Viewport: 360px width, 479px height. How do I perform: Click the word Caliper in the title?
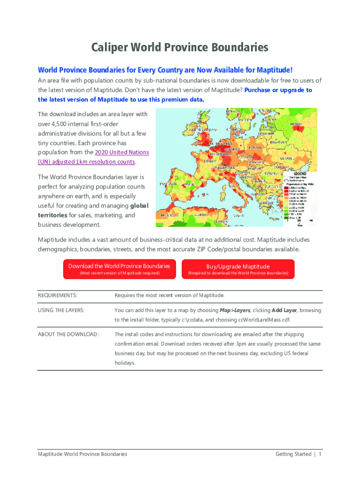110,48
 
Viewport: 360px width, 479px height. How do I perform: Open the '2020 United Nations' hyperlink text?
122,152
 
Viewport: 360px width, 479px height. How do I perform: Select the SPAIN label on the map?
187,185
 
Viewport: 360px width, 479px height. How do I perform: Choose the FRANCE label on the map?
210,161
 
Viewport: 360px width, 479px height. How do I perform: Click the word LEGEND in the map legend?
300,174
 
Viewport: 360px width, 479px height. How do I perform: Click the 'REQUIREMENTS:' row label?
57,295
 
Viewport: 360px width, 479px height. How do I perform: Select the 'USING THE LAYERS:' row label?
61,310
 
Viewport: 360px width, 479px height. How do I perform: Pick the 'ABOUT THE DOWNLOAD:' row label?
68,334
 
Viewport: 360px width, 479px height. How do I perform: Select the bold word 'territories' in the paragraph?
52,215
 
